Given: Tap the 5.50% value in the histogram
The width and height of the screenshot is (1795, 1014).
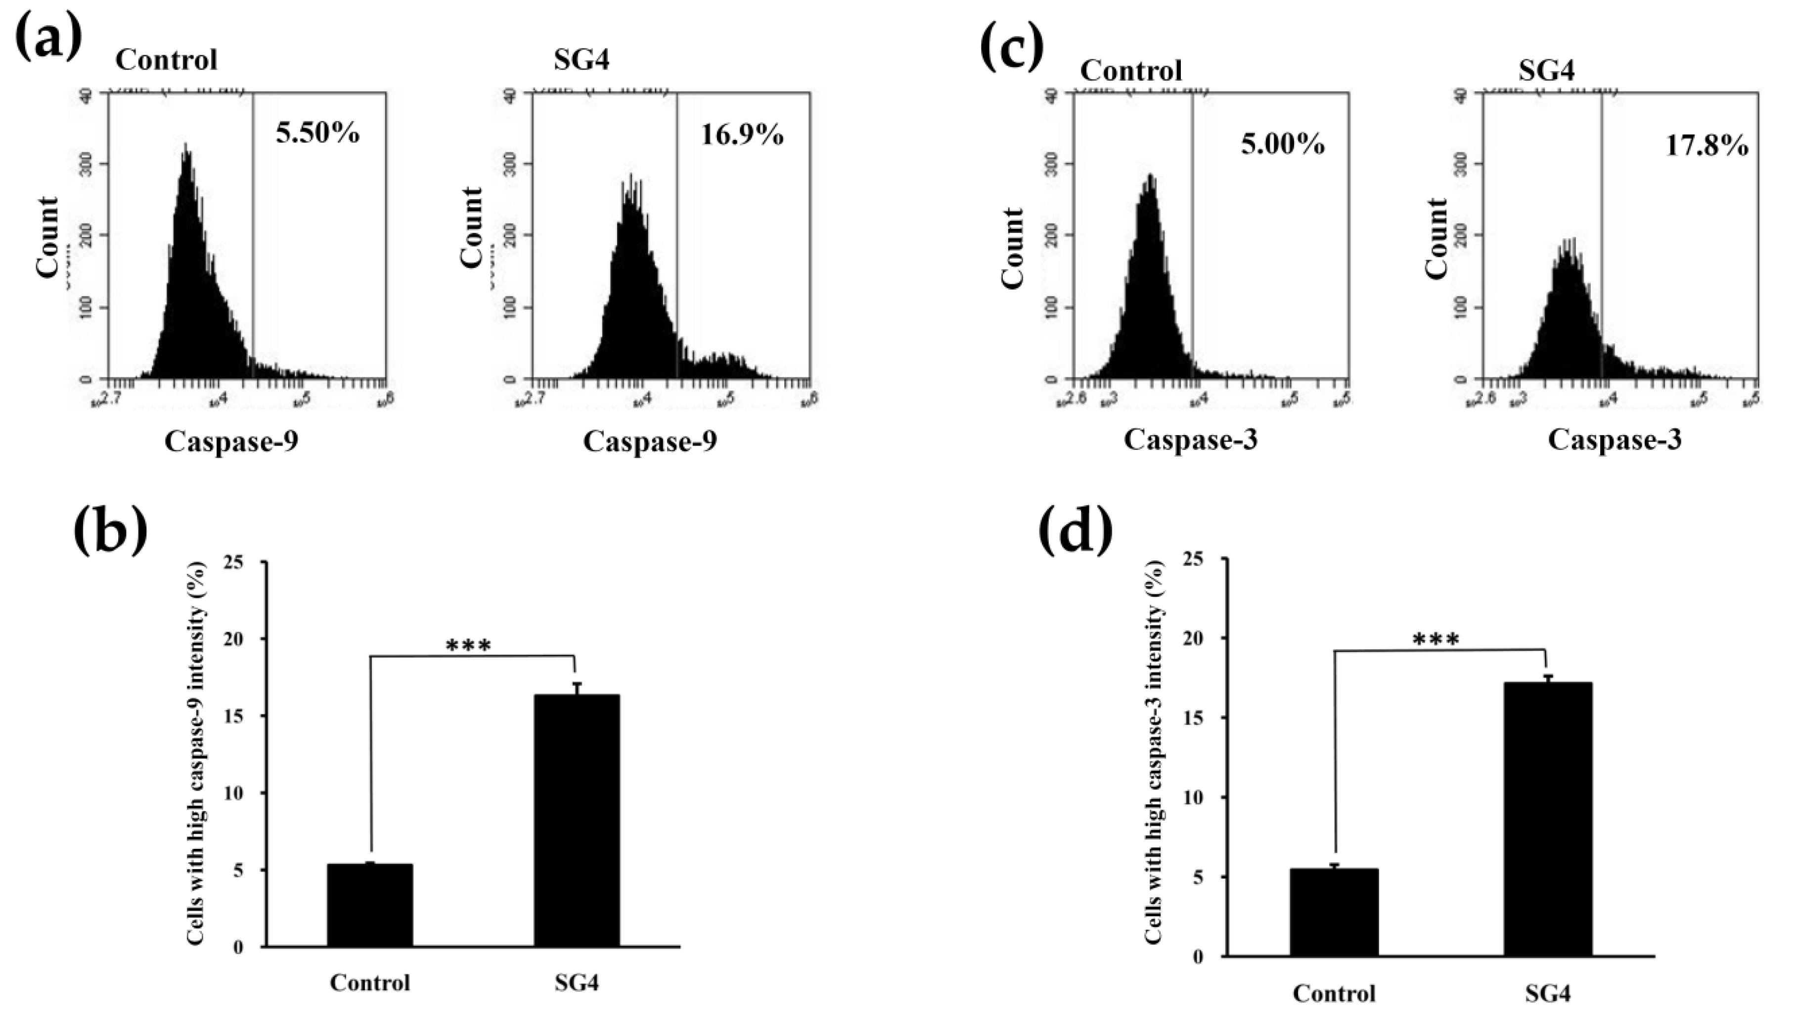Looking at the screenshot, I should [318, 133].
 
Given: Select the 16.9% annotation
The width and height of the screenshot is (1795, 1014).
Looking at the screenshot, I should [742, 135].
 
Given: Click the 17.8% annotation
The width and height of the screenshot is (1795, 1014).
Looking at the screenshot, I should [1707, 146].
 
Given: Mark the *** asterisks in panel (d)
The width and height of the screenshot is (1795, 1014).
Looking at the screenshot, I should [1436, 640].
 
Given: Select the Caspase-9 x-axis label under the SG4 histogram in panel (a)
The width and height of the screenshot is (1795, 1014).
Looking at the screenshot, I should [649, 441].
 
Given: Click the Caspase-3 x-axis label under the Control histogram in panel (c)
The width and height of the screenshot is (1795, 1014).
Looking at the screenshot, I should [1190, 440].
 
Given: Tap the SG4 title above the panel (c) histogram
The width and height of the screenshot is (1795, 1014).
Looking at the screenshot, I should [1546, 70].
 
